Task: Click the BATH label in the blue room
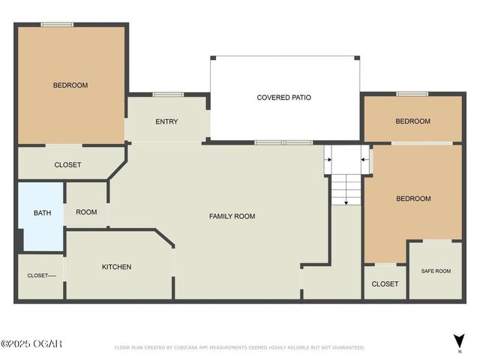(42, 213)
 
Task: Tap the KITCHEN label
(116, 267)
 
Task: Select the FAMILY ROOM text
(232, 216)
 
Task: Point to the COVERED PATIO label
(283, 97)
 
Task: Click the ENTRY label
(166, 121)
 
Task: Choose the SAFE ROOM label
(436, 271)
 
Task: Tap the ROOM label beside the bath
(86, 212)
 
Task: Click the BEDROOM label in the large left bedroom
(70, 85)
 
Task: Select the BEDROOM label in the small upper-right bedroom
(412, 121)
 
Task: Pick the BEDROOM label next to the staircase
(413, 199)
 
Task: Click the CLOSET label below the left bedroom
(67, 165)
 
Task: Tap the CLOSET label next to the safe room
(385, 284)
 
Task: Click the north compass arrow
(459, 340)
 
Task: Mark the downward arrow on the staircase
(346, 196)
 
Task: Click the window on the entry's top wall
(168, 94)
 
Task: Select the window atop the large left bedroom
(56, 24)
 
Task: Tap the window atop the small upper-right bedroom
(412, 94)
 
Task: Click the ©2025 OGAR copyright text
(31, 344)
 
